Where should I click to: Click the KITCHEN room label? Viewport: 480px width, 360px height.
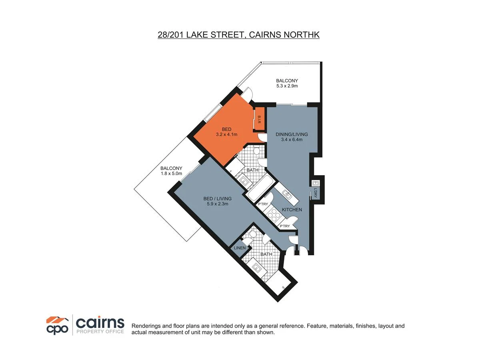(x=292, y=210)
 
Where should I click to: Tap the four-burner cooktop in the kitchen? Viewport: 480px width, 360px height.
(x=276, y=216)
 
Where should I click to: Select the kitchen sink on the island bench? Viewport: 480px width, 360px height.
(x=287, y=194)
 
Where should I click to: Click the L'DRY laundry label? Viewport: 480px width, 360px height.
(x=316, y=193)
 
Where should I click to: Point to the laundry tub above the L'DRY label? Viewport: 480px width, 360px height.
(x=314, y=183)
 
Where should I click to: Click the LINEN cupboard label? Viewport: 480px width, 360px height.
(x=240, y=248)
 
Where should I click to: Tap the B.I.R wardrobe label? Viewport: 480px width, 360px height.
(x=259, y=119)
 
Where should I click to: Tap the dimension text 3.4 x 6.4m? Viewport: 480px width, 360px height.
(x=292, y=140)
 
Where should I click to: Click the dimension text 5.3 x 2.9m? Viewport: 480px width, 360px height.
(x=287, y=86)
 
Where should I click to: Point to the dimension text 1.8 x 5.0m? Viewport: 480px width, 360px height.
(x=171, y=174)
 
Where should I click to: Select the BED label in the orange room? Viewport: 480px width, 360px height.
(x=226, y=129)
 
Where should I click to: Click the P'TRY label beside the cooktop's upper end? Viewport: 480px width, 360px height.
(x=263, y=204)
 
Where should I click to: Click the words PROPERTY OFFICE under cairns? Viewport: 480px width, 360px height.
(x=100, y=332)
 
